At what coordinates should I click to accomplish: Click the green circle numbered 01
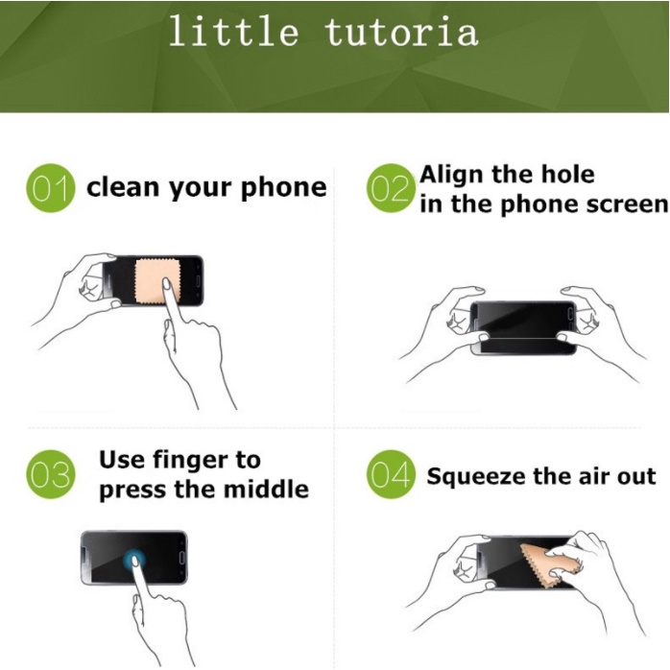coord(51,188)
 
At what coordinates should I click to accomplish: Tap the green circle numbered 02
coord(391,188)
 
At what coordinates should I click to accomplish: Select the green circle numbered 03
coord(51,474)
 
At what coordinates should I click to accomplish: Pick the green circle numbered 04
coord(391,474)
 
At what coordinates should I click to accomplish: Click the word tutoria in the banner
coord(401,32)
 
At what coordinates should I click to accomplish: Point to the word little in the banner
coord(233,31)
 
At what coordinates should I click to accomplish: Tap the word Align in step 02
coord(452,176)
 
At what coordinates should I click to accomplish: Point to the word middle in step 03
coord(266,489)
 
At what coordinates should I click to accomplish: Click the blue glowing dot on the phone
coord(133,560)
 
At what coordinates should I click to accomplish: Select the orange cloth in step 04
coord(549,564)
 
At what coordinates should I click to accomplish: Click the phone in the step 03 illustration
coord(134,558)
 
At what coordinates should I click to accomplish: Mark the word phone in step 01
coord(284,188)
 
